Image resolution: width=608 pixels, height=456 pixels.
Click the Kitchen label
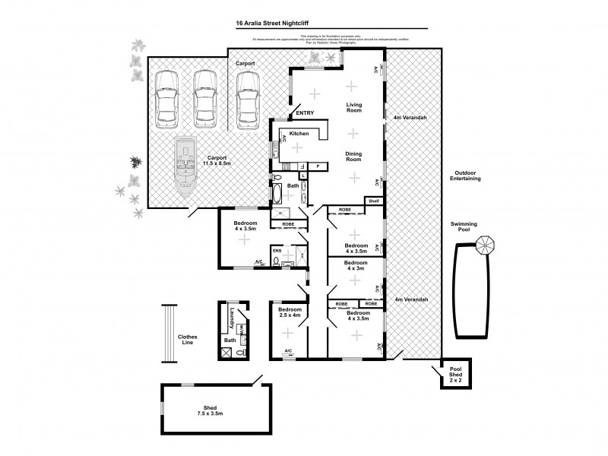click(x=298, y=133)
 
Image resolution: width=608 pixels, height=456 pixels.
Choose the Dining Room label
click(x=353, y=157)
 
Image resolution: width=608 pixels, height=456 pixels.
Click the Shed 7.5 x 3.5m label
click(x=204, y=411)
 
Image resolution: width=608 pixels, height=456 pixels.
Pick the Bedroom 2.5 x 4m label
click(x=290, y=314)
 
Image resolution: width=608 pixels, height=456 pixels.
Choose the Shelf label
click(x=372, y=201)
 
